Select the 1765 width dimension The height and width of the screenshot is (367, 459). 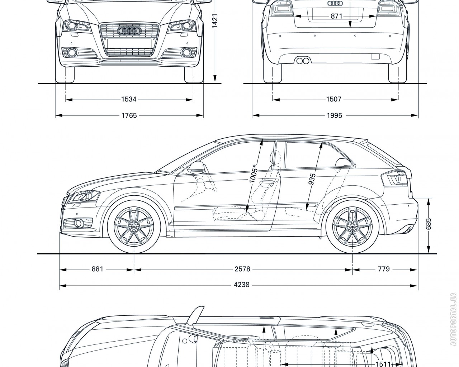[x=129, y=115]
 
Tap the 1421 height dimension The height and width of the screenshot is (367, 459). [x=214, y=22]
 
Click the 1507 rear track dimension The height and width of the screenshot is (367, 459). [x=333, y=99]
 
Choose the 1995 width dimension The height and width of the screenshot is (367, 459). [x=334, y=115]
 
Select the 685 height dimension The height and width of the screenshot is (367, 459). [x=429, y=224]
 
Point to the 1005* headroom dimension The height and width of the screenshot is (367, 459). [x=254, y=174]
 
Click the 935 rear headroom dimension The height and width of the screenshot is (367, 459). [x=313, y=178]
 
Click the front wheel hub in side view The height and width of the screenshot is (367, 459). [x=134, y=227]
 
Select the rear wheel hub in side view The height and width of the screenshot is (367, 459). [x=352, y=227]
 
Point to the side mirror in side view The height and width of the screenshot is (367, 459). [x=197, y=167]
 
